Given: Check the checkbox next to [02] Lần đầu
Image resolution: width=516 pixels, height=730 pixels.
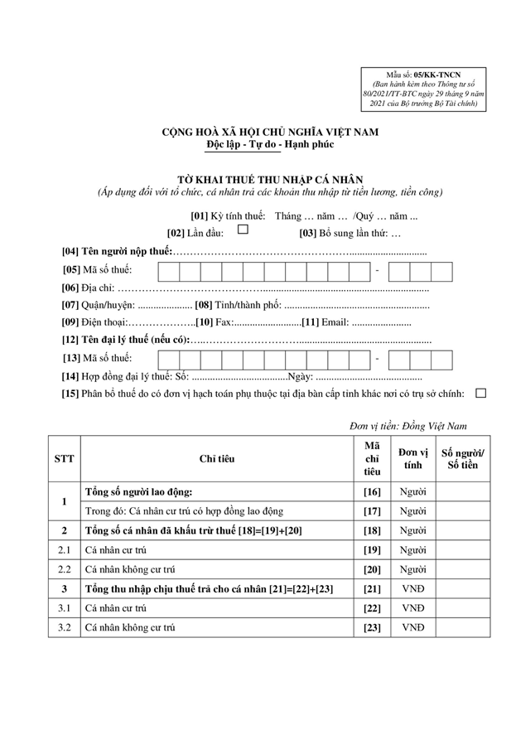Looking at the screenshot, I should pyautogui.click(x=243, y=231).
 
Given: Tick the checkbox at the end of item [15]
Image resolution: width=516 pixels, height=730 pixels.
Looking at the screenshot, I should pyautogui.click(x=481, y=394).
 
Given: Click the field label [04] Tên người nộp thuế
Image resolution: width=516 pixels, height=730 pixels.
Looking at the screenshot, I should pyautogui.click(x=118, y=250).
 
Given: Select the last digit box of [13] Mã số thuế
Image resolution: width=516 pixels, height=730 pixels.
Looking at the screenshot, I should pyautogui.click(x=441, y=359).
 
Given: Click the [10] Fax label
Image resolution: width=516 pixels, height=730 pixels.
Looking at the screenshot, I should pyautogui.click(x=214, y=323).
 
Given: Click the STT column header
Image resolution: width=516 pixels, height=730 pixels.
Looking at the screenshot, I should pyautogui.click(x=63, y=458).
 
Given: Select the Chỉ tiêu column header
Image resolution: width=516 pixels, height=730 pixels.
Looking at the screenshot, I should pyautogui.click(x=216, y=458).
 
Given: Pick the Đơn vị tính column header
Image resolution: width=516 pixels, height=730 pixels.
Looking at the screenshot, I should pyautogui.click(x=412, y=458).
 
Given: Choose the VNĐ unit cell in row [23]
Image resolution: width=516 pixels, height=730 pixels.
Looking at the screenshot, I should pyautogui.click(x=412, y=627).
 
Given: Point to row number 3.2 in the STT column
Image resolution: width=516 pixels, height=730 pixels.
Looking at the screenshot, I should pyautogui.click(x=63, y=627).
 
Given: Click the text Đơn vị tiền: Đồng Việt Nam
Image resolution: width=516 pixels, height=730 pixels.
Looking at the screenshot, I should pyautogui.click(x=407, y=426).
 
